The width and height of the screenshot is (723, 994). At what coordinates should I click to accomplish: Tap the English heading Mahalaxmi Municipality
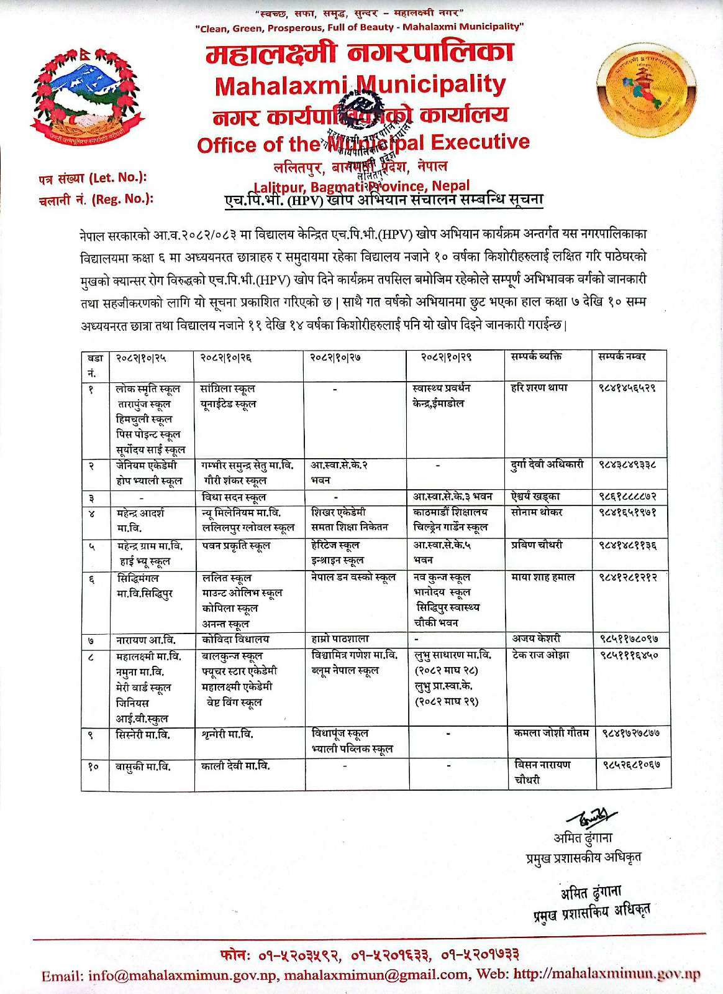[360, 85]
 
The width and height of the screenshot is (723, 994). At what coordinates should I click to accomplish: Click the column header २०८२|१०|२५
[142, 357]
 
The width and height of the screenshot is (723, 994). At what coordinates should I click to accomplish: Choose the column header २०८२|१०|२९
[446, 357]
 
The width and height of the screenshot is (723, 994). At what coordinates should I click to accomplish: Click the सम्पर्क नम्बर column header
[622, 357]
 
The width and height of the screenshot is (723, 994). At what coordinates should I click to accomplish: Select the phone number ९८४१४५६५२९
[627, 388]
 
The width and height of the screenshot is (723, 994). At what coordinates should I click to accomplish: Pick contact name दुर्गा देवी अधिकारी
[547, 464]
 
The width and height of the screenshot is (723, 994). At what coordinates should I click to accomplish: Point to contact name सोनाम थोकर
[537, 512]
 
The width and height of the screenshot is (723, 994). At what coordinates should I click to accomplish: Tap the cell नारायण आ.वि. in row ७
[145, 640]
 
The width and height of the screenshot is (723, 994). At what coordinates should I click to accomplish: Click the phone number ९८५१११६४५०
[629, 655]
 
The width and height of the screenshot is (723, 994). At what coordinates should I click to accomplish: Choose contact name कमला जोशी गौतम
[551, 734]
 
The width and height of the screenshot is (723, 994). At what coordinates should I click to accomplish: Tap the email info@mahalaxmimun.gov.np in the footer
[183, 975]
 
